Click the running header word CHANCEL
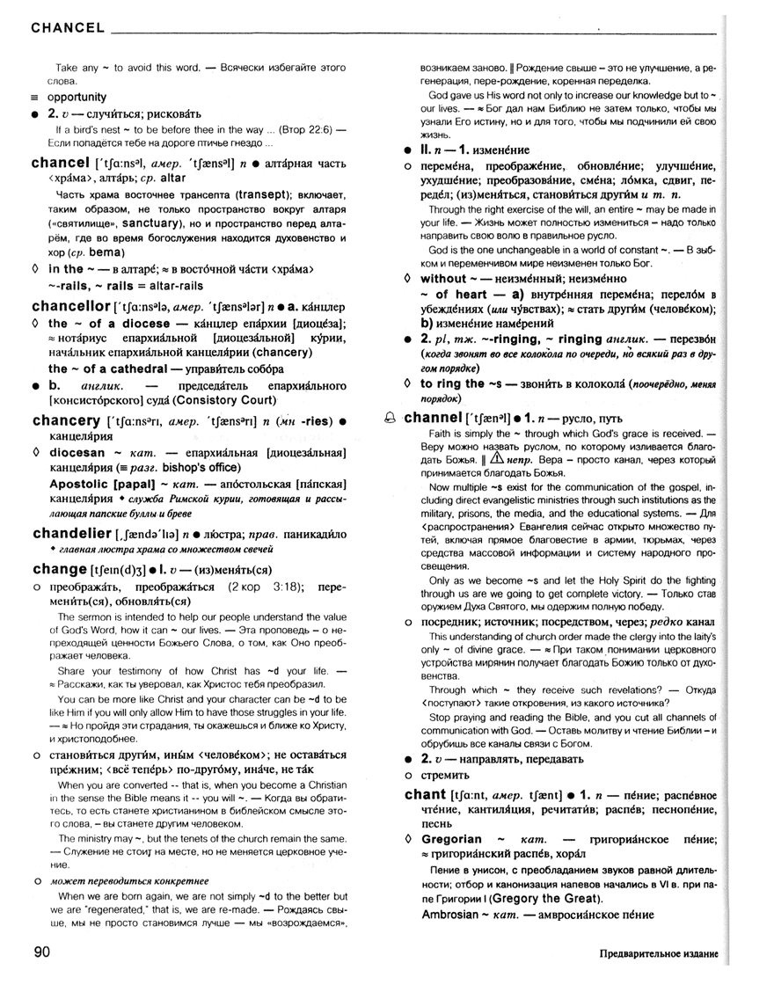coord(68,27)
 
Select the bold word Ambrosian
coord(456,915)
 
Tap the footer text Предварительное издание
coord(659,954)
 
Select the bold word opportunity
coord(77,97)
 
